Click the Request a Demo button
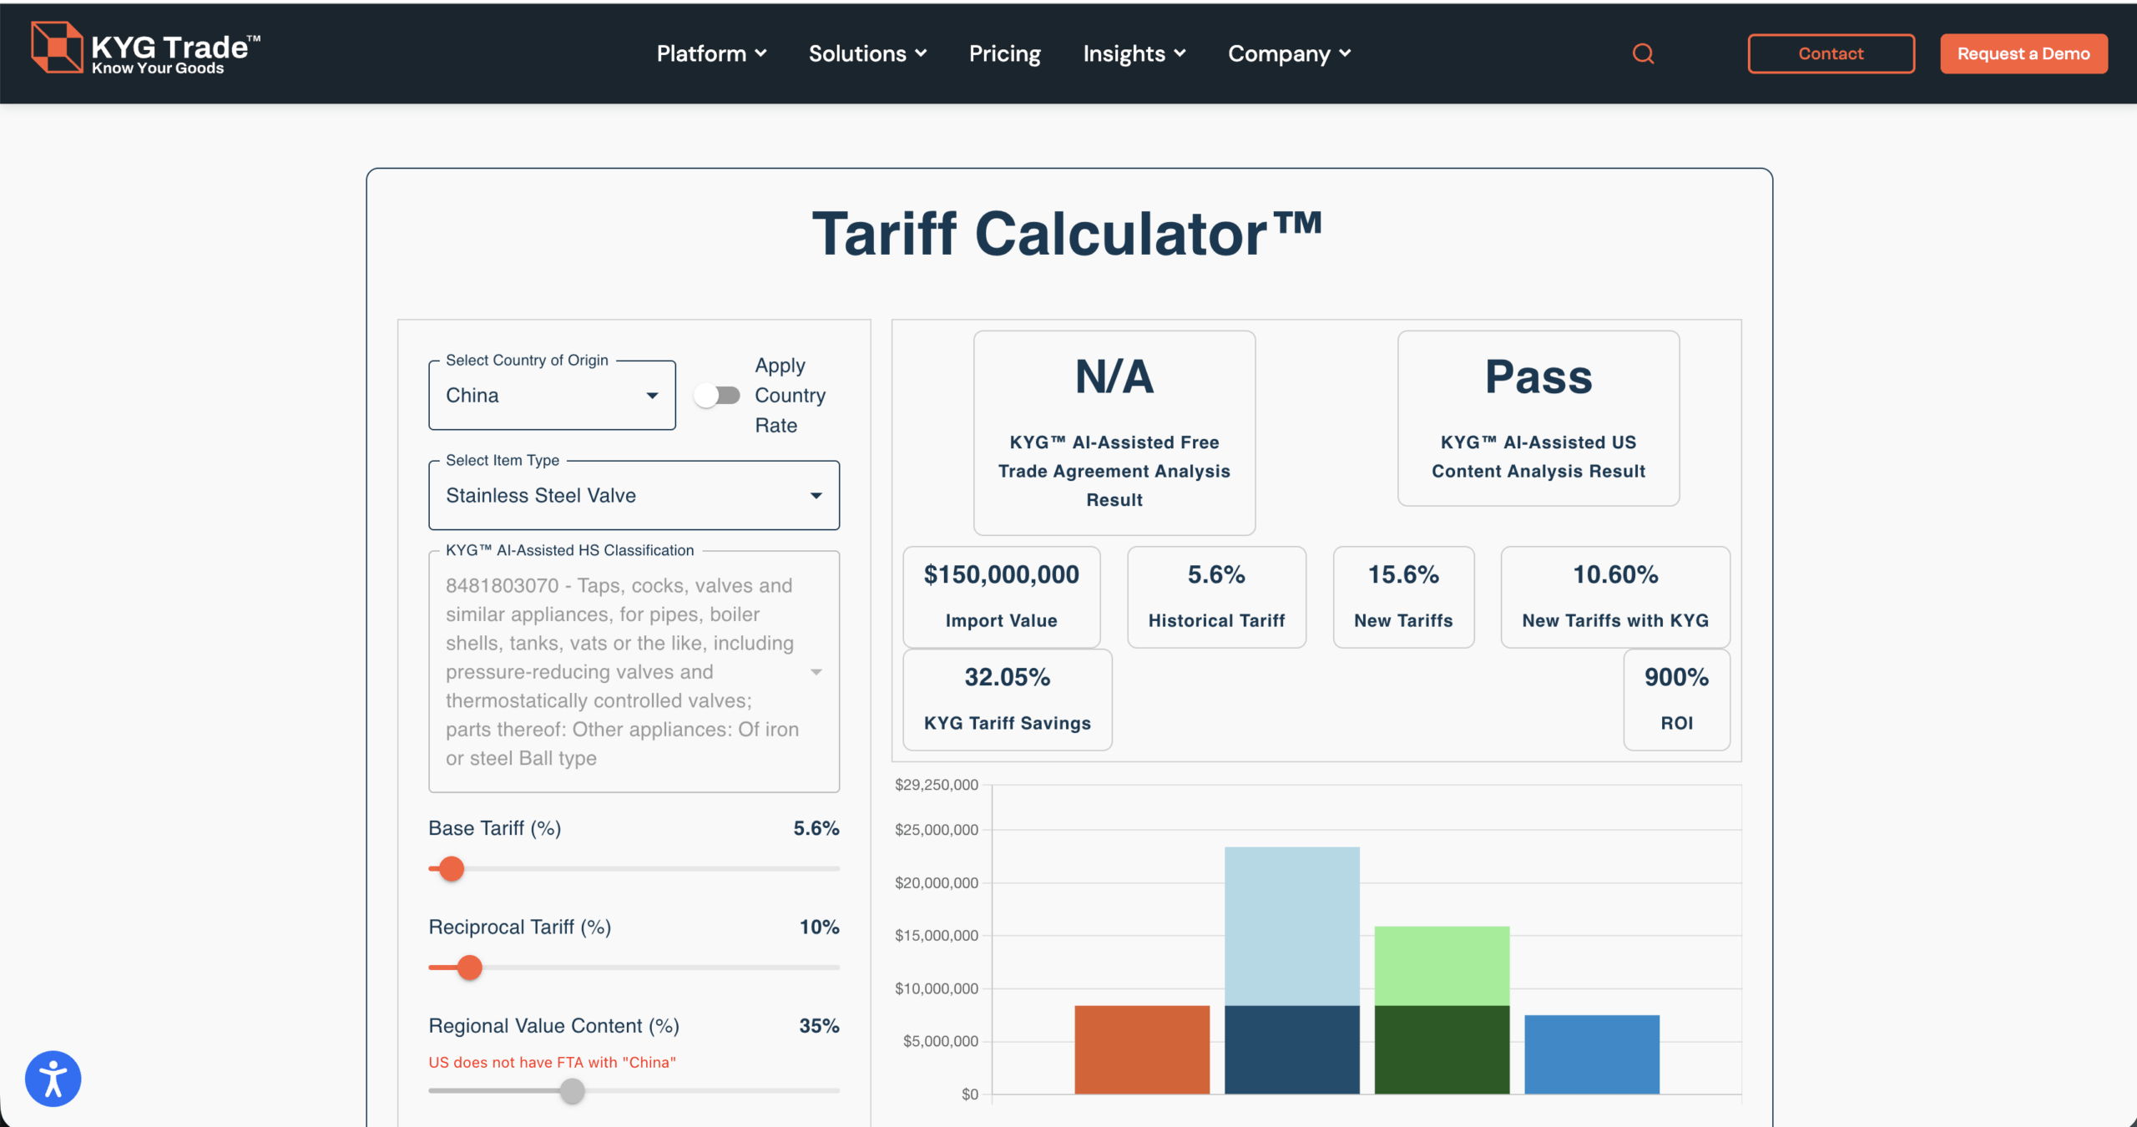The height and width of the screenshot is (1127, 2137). (2023, 53)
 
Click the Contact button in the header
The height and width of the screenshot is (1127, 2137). (1831, 53)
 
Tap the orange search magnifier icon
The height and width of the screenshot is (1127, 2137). (1643, 53)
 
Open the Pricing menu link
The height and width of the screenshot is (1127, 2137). (1004, 53)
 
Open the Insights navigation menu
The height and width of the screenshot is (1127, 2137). (1134, 53)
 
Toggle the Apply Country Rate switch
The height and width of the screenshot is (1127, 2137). (717, 395)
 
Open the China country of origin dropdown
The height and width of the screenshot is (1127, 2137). (552, 396)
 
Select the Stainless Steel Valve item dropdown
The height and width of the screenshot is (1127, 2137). (634, 495)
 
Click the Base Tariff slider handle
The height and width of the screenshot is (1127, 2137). (452, 869)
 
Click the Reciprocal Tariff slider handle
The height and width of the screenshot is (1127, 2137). (470, 968)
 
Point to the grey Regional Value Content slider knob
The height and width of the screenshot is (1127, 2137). (572, 1090)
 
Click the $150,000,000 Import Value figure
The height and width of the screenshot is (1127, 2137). (1001, 574)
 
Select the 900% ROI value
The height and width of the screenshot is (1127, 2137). (1676, 677)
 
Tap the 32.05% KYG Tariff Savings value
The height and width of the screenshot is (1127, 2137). (1007, 677)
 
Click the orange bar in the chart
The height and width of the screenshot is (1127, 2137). (1141, 1049)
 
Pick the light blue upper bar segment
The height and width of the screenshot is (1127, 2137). (1291, 926)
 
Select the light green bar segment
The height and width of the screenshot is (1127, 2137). (1442, 965)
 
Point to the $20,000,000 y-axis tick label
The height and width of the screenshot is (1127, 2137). (936, 882)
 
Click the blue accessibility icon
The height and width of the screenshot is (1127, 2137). (53, 1079)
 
